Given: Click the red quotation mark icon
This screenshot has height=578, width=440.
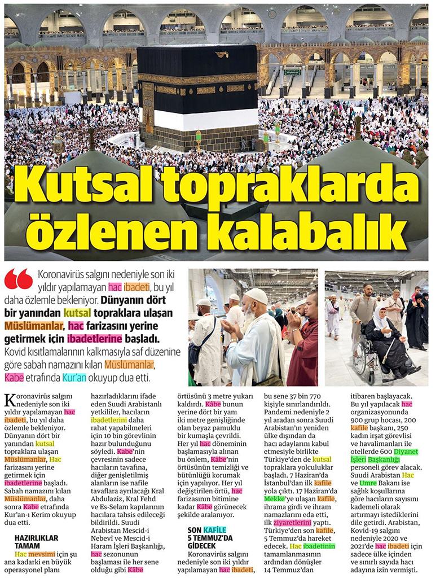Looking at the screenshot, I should tap(19, 279).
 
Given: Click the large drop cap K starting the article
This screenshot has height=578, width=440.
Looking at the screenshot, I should tap(11, 401).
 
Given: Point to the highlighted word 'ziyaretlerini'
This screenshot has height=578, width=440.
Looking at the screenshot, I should tap(298, 522).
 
